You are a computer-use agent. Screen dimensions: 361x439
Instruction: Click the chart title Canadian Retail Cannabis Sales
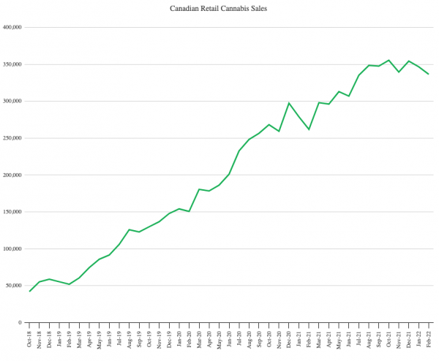[x=219, y=9]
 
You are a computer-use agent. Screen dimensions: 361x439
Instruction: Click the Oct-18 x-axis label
[x=30, y=340]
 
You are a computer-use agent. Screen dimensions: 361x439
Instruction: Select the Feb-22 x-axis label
[x=429, y=340]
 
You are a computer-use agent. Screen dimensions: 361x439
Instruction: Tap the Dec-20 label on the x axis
[x=289, y=340]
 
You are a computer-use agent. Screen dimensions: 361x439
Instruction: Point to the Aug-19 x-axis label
[x=130, y=340]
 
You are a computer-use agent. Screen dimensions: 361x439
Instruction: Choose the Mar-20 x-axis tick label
[x=199, y=340]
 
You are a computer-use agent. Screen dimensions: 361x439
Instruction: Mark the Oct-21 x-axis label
[x=389, y=340]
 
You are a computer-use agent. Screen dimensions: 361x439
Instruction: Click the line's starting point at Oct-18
[x=30, y=292]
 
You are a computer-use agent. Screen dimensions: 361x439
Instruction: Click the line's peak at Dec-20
[x=289, y=103]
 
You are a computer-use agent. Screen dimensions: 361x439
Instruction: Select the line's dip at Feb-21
[x=309, y=129]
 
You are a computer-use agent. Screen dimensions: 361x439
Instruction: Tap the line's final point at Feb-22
[x=429, y=74]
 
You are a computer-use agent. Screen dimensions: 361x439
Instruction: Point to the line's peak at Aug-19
[x=130, y=229]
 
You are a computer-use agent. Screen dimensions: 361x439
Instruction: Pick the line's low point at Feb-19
[x=70, y=284]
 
